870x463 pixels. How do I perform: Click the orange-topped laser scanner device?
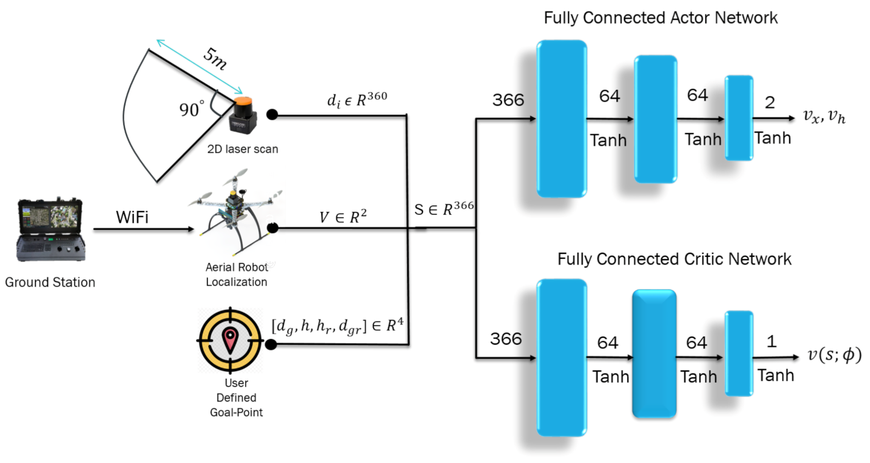click(x=243, y=115)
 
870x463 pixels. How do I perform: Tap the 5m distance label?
click(x=215, y=59)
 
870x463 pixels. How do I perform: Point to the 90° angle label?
click(x=191, y=109)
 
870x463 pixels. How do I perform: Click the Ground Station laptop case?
click(x=51, y=230)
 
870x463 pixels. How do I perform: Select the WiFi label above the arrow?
click(x=132, y=217)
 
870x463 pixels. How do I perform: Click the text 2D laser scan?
click(x=242, y=149)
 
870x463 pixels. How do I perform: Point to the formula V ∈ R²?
click(x=342, y=217)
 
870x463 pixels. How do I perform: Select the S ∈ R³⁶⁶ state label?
click(x=444, y=209)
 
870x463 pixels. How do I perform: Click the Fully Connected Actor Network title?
click(x=660, y=18)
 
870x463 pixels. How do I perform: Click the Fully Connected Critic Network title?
click(x=674, y=259)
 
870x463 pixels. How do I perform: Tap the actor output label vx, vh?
click(x=824, y=116)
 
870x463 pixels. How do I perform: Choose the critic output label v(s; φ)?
click(x=834, y=354)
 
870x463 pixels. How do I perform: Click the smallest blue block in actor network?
click(x=739, y=118)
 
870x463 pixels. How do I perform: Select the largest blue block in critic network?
click(x=562, y=357)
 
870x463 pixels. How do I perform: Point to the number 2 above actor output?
click(x=770, y=103)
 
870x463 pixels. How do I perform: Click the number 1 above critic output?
click(x=771, y=341)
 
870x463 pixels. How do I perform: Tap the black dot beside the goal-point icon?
click(x=271, y=344)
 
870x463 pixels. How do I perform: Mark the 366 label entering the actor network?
click(x=508, y=100)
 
